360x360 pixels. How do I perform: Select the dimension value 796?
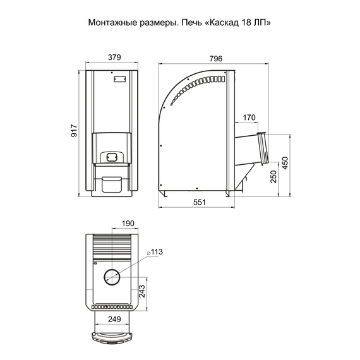[x=215, y=58]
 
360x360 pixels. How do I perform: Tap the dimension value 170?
[x=249, y=117]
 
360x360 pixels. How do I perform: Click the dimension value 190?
[x=128, y=224]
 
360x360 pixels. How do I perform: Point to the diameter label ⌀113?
[x=155, y=252]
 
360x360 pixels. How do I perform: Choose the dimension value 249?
[x=114, y=319]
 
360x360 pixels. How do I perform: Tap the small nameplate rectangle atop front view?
[x=119, y=79]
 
